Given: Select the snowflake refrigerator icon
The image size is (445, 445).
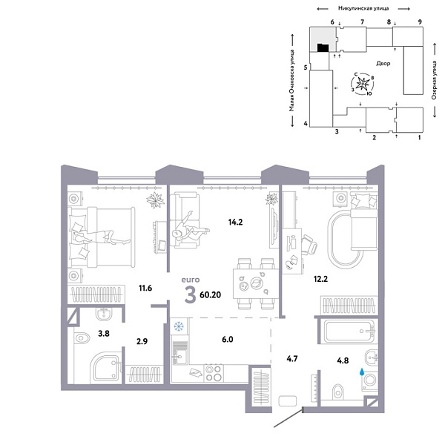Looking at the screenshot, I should coord(178,326).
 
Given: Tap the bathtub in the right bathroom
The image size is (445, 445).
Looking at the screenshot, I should coord(349,329).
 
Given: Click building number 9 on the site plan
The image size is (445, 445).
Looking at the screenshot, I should coord(420,23).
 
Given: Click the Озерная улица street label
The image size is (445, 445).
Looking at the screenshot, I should coord(432,78).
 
